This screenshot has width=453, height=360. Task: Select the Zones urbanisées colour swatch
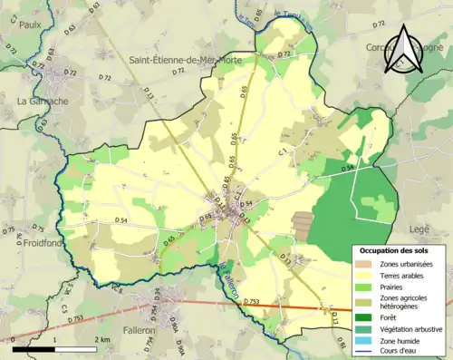pos(365,264)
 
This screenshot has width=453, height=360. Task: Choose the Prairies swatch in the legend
pos(365,289)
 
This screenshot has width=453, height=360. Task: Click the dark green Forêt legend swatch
pos(365,317)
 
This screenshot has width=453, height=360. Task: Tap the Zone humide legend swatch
pos(365,341)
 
